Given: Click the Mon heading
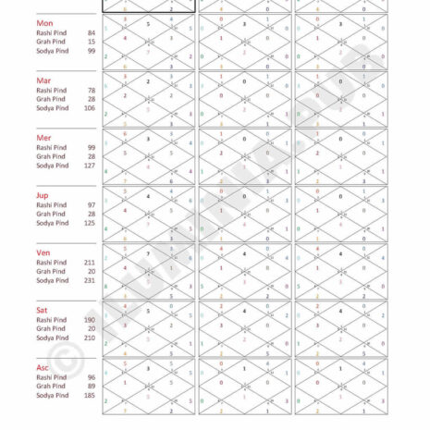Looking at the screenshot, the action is (44, 22).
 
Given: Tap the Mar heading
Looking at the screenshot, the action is (43, 80).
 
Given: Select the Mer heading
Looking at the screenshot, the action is (43, 138).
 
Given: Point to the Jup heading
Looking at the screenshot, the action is (43, 195).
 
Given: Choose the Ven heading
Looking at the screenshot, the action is (43, 252).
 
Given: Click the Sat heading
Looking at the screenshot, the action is (43, 310).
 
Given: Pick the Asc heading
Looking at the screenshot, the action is (43, 367).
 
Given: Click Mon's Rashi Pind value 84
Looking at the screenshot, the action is (91, 32).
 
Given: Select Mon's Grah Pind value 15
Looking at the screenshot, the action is (91, 42).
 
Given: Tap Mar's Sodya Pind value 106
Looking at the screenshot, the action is (89, 108).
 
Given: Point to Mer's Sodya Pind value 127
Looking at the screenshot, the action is (89, 166).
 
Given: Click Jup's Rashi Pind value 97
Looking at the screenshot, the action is (91, 204).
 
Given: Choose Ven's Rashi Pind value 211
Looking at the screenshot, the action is (89, 262).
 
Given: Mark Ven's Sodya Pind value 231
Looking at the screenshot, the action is (89, 280).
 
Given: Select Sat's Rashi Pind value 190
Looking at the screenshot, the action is (89, 319).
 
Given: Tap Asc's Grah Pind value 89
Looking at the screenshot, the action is (91, 386).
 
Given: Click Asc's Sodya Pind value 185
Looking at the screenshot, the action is (89, 395).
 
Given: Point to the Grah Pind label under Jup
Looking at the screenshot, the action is (51, 214).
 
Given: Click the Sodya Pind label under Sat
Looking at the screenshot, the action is (53, 338).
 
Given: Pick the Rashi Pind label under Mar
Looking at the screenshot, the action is (52, 90).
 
